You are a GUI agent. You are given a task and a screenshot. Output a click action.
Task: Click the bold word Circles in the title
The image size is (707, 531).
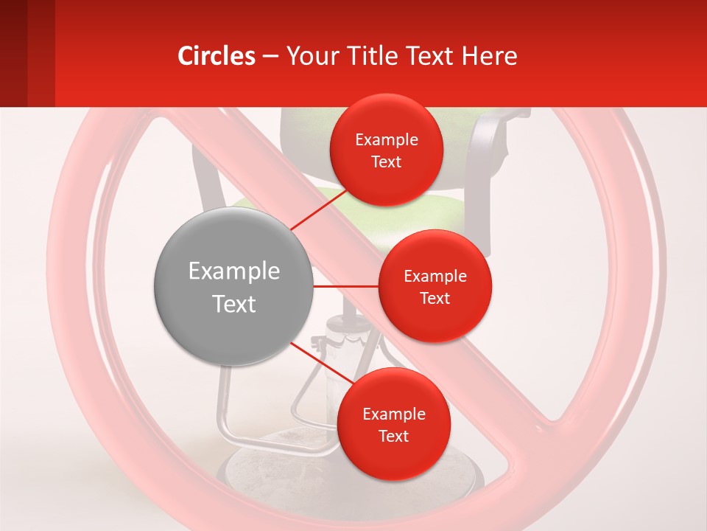216,56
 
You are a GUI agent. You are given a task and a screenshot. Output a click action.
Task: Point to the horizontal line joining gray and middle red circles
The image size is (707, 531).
345,286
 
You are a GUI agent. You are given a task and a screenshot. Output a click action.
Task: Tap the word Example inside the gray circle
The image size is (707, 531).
234,271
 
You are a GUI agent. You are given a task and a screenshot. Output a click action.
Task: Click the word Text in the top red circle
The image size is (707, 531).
386,162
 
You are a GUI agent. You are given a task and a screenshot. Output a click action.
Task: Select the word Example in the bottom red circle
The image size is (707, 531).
393,414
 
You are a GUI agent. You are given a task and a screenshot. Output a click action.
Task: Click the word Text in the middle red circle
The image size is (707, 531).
435,299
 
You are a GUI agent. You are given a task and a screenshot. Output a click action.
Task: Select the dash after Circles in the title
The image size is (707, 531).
270,57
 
